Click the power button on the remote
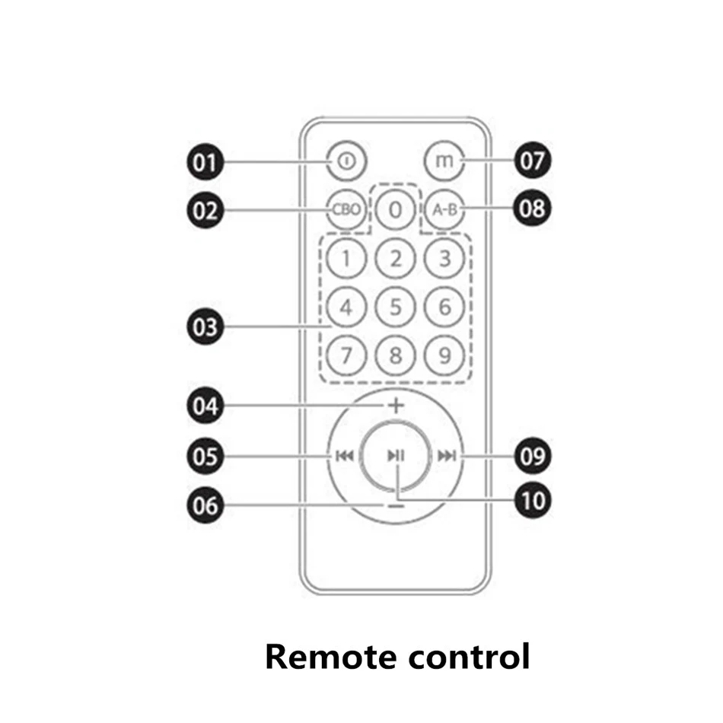tap(346, 161)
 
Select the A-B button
tap(442, 209)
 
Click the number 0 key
tap(394, 209)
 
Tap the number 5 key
tap(395, 307)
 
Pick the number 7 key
tap(346, 355)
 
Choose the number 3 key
tap(444, 259)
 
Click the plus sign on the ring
tap(395, 406)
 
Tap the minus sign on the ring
tap(395, 505)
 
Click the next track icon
tap(447, 456)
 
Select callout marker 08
tap(533, 207)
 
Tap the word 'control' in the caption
tap(463, 656)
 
